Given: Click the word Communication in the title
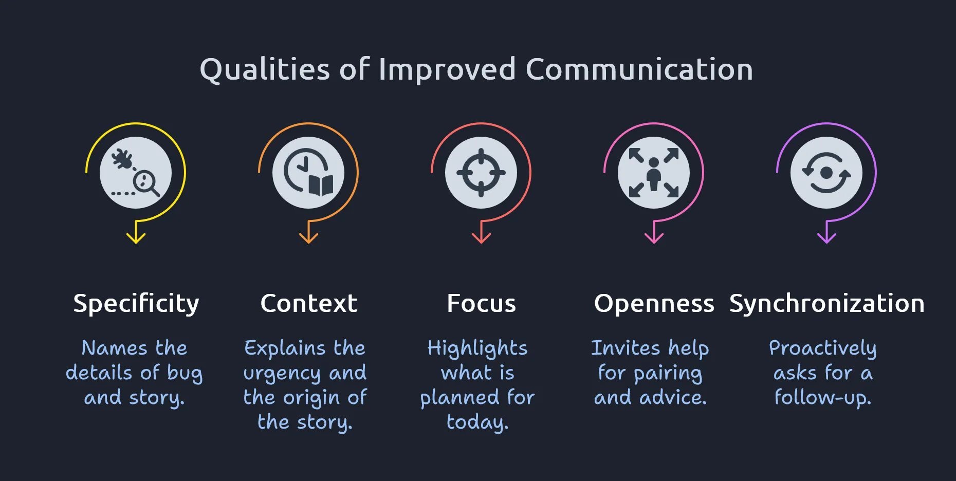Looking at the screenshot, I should [x=639, y=69].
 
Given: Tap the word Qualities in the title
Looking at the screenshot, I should [x=265, y=69].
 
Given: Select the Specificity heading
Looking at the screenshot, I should [x=136, y=303].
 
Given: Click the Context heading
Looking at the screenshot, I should [x=308, y=303].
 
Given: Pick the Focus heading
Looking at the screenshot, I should [x=481, y=303].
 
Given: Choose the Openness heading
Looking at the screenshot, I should [x=654, y=303].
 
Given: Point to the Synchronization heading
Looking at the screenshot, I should [x=826, y=303].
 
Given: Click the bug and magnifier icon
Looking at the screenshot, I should [x=136, y=173].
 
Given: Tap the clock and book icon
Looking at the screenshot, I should [x=308, y=173].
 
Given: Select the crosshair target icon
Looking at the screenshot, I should [x=481, y=173].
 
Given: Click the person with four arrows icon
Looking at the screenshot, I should [x=654, y=173].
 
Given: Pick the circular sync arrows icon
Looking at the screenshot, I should [x=826, y=173].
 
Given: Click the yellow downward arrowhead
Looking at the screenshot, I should [x=136, y=237].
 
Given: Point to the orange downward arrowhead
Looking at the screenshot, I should [x=308, y=237].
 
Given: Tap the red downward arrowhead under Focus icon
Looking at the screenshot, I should [x=481, y=237].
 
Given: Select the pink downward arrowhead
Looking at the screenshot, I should [x=654, y=237].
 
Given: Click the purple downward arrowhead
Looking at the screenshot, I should [x=826, y=237].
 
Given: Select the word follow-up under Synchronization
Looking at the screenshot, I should [x=822, y=398].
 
